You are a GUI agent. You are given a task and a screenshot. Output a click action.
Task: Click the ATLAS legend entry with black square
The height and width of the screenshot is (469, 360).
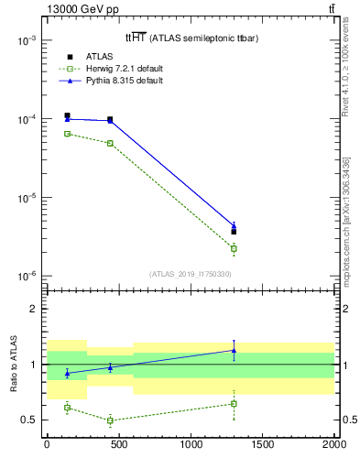coord(82,56)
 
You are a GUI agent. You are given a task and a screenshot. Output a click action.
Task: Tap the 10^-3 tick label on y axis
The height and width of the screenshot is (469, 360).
coord(26,41)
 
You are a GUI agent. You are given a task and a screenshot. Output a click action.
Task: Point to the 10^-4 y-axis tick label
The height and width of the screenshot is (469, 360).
coord(26,120)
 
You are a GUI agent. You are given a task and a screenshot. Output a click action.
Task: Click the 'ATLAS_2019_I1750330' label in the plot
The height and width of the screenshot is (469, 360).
coord(191,274)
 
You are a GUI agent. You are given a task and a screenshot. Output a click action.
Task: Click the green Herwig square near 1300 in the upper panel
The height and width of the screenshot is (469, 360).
coord(234,248)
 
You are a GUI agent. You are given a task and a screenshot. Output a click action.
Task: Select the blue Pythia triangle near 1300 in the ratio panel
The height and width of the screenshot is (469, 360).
coord(234,350)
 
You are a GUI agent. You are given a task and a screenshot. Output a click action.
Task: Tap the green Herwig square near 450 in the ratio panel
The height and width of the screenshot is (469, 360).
coord(110,420)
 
